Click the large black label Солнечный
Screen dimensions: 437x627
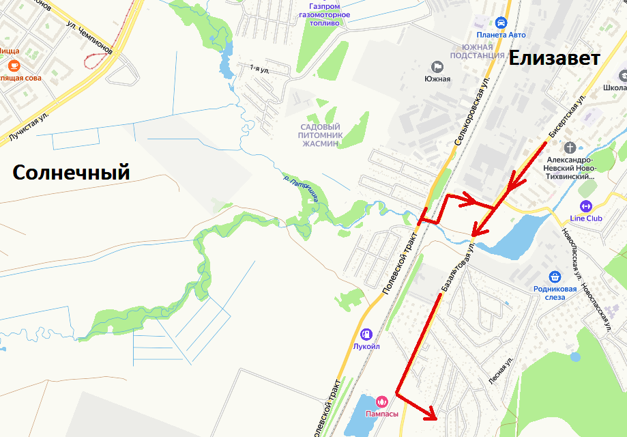click(x=72, y=173)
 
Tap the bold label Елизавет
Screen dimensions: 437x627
click(x=555, y=59)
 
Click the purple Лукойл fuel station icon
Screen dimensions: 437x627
click(x=366, y=334)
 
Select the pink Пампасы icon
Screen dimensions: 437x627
click(x=381, y=401)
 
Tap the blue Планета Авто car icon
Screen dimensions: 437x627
click(x=501, y=22)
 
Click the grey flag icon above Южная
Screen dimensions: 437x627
click(x=437, y=66)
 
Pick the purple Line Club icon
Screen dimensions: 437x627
click(x=585, y=206)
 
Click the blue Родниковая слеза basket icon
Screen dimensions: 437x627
click(x=555, y=277)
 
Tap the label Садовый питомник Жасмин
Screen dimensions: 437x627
click(x=319, y=135)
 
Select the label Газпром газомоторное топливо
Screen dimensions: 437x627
click(x=325, y=14)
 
